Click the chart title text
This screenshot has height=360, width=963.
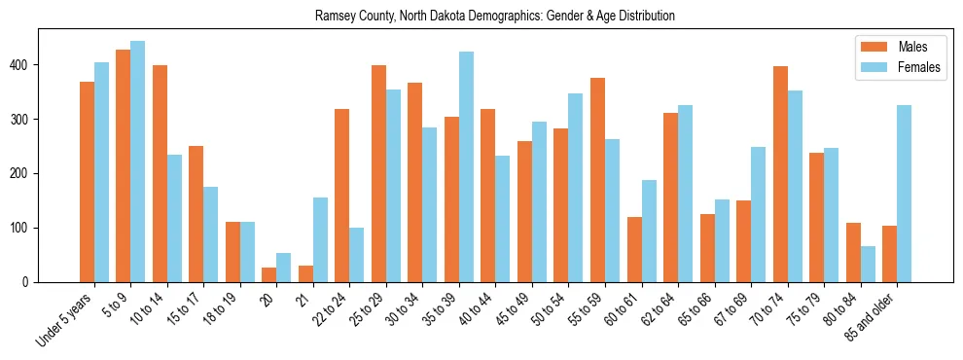[495, 17]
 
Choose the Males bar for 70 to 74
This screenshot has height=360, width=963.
[780, 174]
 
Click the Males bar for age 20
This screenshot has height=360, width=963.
[269, 274]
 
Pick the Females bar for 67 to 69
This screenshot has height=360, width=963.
[758, 214]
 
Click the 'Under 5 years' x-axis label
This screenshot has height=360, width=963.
[65, 318]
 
